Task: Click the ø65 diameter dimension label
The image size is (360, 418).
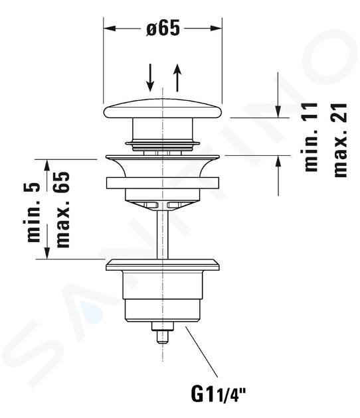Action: [163, 28]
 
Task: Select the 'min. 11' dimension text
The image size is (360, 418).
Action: [310, 137]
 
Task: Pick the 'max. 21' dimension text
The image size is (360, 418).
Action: [340, 140]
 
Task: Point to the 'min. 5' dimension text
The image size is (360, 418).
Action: [34, 212]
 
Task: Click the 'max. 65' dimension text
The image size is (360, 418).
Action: [62, 210]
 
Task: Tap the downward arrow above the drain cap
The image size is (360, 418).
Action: [151, 78]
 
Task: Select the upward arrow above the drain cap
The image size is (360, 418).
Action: [177, 78]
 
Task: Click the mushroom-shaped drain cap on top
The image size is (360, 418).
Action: [163, 110]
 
